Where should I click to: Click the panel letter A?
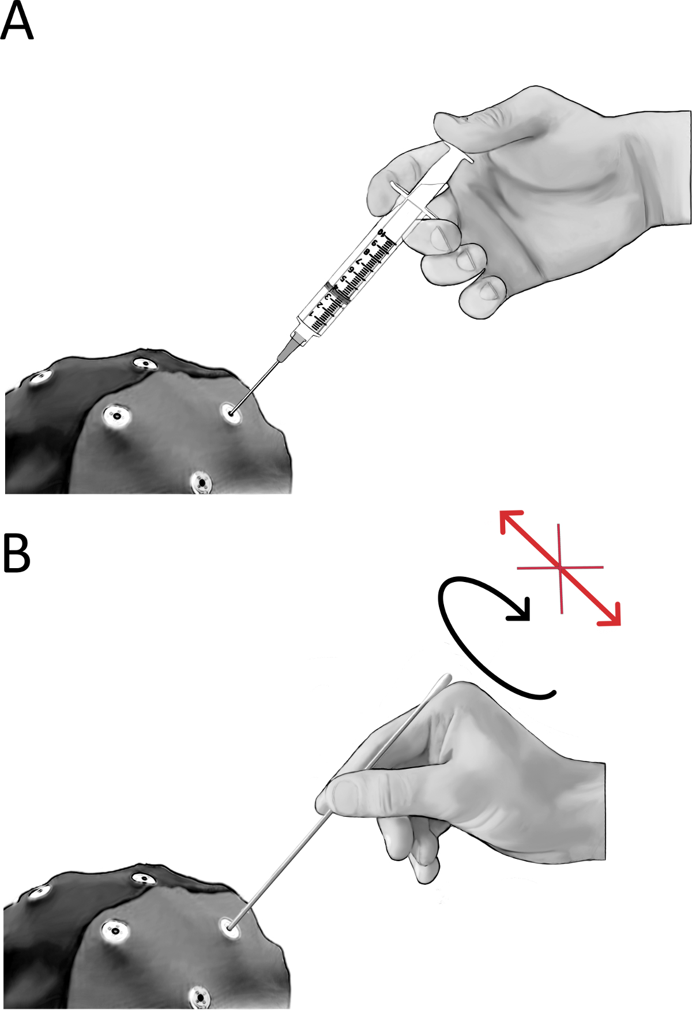click(17, 22)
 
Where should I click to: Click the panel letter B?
click(17, 553)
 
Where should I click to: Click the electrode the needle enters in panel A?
click(231, 413)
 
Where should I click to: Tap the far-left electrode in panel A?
click(40, 378)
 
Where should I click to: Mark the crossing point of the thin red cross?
click(559, 568)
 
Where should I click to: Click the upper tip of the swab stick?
click(447, 676)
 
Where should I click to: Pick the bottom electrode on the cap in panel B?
click(200, 996)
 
